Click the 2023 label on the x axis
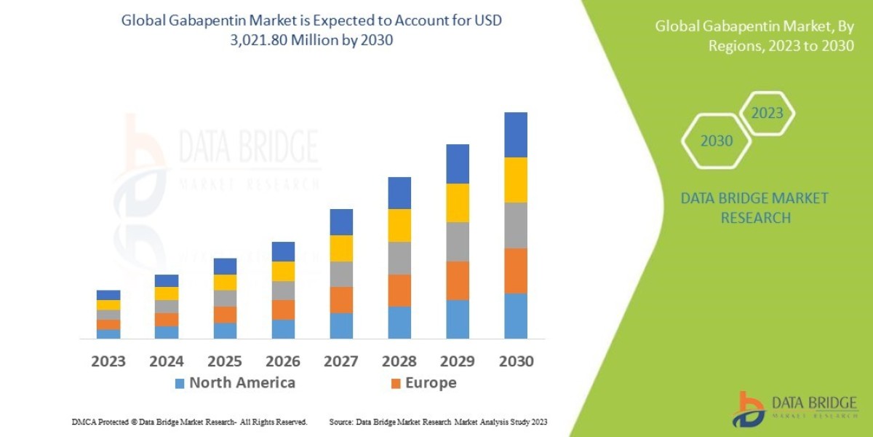pyautogui.click(x=108, y=361)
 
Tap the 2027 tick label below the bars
pyautogui.click(x=341, y=361)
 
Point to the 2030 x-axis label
pyautogui.click(x=516, y=361)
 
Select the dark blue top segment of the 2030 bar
pyautogui.click(x=516, y=135)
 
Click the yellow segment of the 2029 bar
pyautogui.click(x=458, y=202)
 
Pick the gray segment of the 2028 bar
pyautogui.click(x=399, y=258)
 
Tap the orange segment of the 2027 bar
pyautogui.click(x=341, y=300)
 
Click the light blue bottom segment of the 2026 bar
pyautogui.click(x=283, y=329)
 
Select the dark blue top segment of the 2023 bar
pyautogui.click(x=108, y=295)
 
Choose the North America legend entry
pyautogui.click(x=234, y=383)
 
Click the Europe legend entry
pyautogui.click(x=423, y=383)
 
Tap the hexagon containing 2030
pyautogui.click(x=716, y=141)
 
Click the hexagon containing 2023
pyautogui.click(x=767, y=114)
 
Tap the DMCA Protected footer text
pyautogui.click(x=189, y=422)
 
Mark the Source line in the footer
pyautogui.click(x=437, y=422)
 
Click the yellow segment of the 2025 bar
pyautogui.click(x=225, y=283)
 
